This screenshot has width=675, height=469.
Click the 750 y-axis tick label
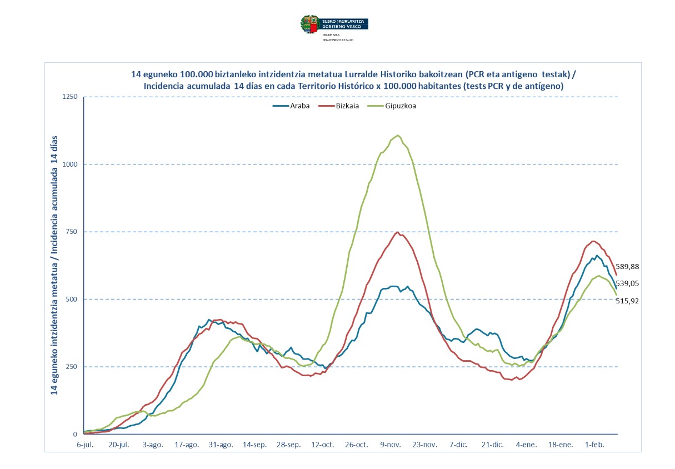coord(71,232)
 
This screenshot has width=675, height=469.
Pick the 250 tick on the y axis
coord(71,367)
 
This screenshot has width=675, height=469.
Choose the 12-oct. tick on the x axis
coord(322,445)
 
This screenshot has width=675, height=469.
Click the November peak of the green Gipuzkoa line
coord(398,136)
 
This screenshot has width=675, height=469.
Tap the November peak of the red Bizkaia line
coord(397,232)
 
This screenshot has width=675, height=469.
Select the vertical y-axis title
coord(55,266)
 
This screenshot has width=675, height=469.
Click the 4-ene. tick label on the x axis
coord(527,445)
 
